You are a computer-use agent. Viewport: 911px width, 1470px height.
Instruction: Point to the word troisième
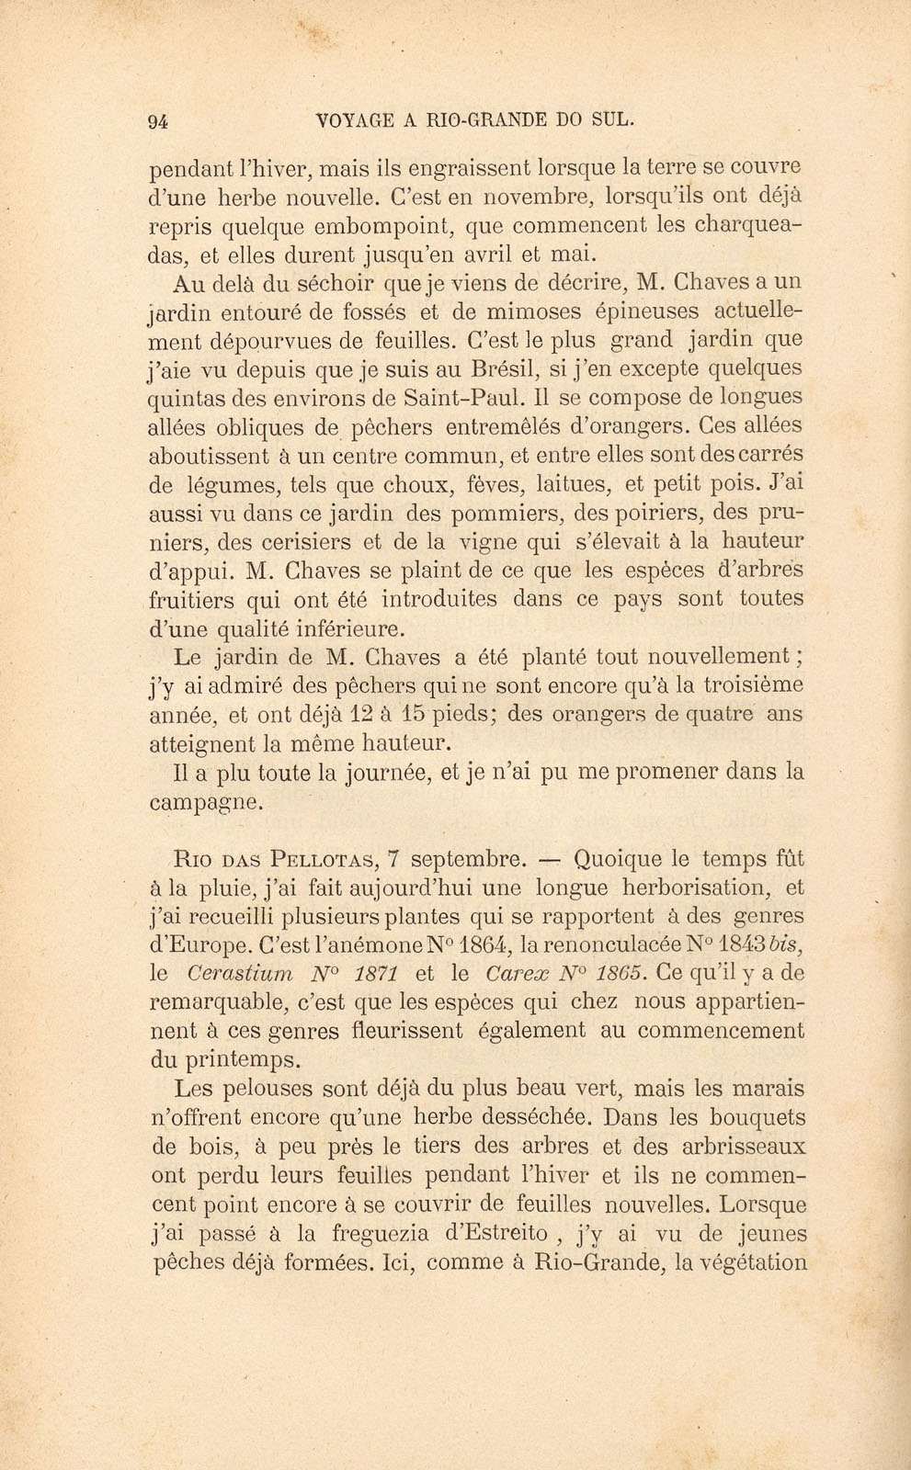tap(741, 684)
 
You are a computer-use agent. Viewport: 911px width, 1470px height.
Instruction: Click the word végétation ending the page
tap(753, 1261)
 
